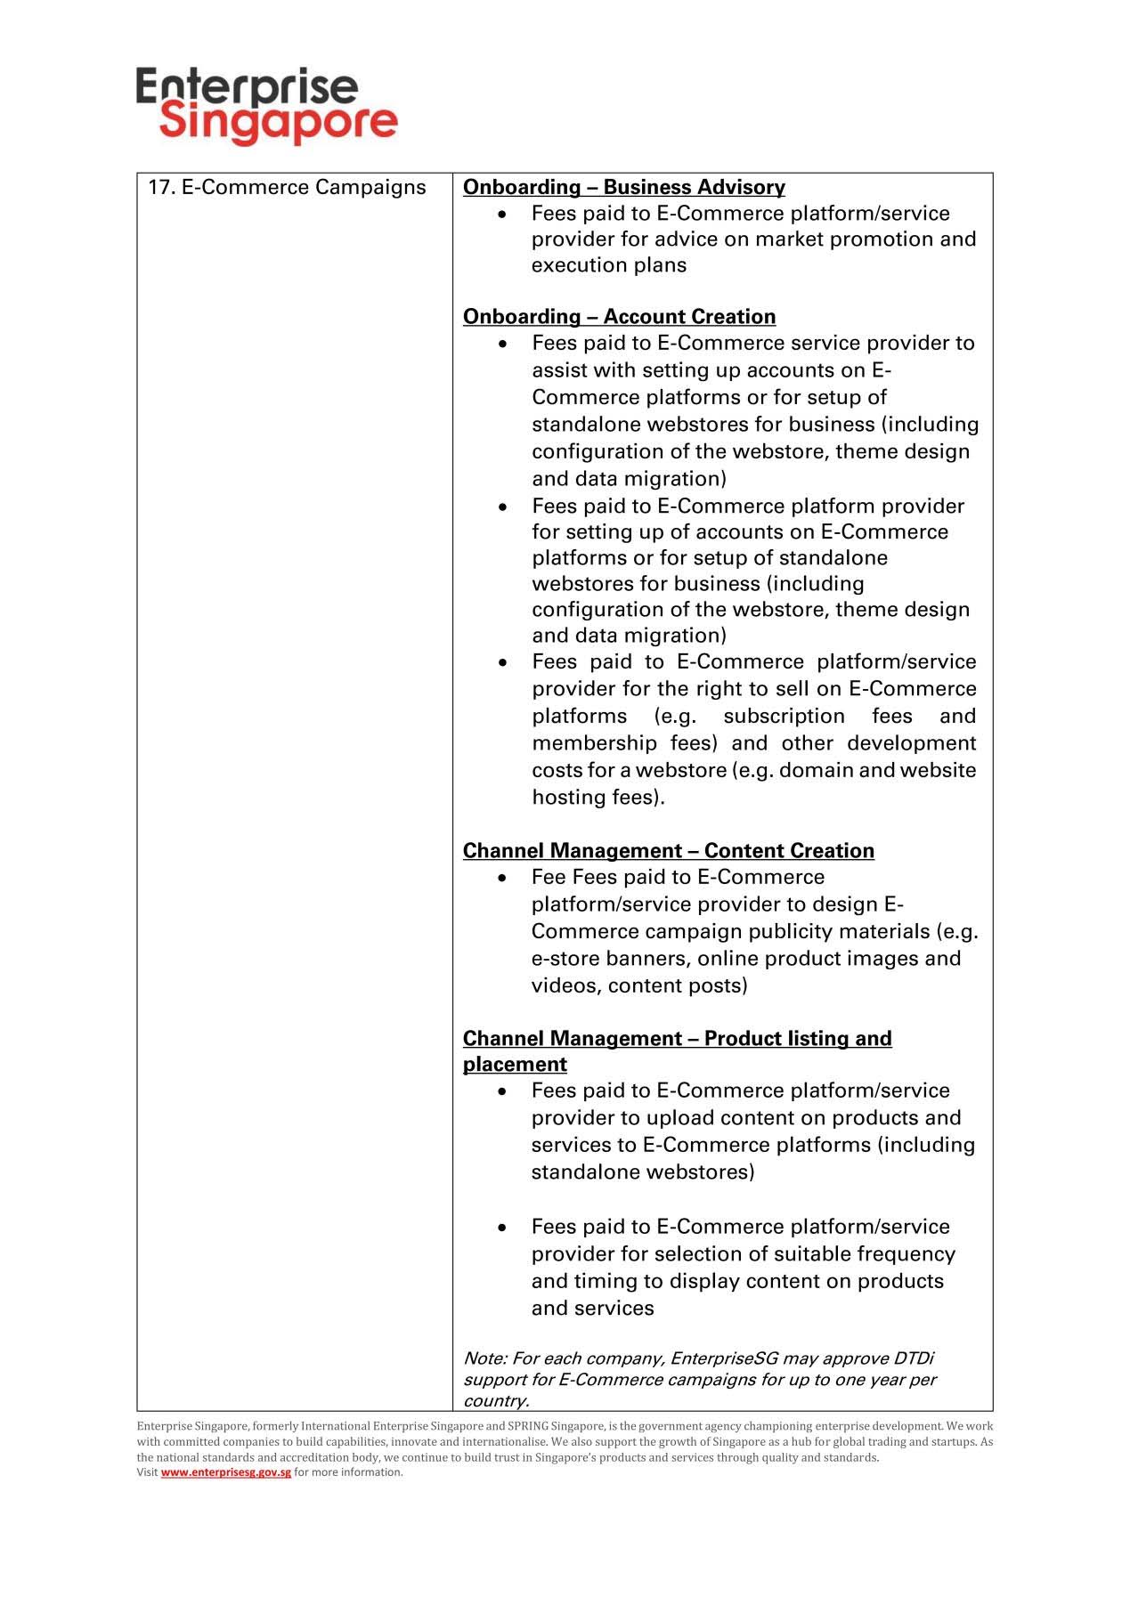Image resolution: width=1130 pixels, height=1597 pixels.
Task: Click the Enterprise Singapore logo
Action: tap(266, 104)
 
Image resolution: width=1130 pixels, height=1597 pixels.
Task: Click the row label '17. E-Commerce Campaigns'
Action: tap(286, 188)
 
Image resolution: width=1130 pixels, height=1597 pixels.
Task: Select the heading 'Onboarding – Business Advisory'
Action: tap(623, 188)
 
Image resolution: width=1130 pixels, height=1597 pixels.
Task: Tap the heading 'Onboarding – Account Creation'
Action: tap(619, 317)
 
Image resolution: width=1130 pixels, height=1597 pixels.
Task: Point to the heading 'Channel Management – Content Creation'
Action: tap(668, 851)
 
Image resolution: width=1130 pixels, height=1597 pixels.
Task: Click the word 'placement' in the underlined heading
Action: tap(515, 1065)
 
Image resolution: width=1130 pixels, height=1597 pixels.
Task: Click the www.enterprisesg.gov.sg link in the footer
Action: tap(225, 1472)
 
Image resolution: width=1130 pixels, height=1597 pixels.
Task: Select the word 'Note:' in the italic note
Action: tap(484, 1358)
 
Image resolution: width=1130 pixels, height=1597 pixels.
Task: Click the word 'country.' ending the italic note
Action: tap(496, 1401)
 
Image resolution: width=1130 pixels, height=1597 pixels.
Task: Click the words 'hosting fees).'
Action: tap(598, 798)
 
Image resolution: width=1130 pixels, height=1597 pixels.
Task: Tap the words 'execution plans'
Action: tap(608, 265)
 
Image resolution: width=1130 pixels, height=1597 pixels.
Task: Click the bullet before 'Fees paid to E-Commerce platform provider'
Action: tap(503, 507)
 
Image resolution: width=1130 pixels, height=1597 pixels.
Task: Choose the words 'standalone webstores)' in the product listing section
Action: tap(642, 1172)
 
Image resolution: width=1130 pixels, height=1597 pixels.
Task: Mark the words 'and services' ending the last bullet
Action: tap(592, 1309)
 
